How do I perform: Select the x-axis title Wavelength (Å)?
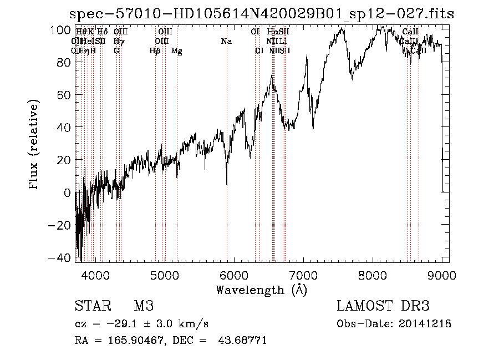coord(261,290)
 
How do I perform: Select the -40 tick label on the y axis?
coord(59,257)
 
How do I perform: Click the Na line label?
coord(226,42)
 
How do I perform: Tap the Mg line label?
coord(177,51)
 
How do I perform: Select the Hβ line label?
coord(155,51)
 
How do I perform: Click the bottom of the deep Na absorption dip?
coord(227,184)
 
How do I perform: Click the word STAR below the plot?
coord(91,306)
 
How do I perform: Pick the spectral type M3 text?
coord(144,306)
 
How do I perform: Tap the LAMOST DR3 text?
coord(383,306)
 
